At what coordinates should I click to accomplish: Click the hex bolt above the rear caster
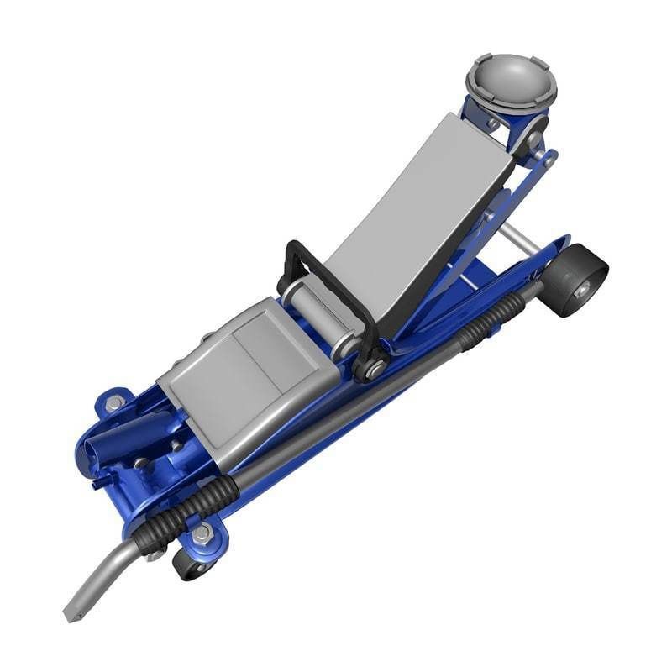pos(202,533)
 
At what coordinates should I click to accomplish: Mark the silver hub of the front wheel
pos(582,290)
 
